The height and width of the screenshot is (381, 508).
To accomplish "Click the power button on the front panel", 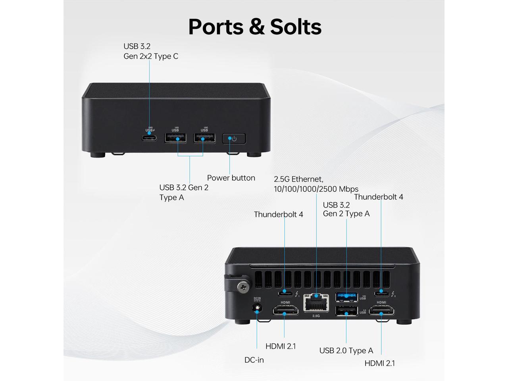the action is pyautogui.click(x=234, y=139).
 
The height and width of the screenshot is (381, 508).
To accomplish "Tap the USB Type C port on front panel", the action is pyautogui.click(x=149, y=138).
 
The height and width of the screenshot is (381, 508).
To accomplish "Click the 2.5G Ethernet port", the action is pyautogui.click(x=316, y=304).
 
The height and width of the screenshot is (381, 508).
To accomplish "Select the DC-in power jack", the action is pyautogui.click(x=258, y=308).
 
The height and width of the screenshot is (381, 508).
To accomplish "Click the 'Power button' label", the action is pyautogui.click(x=231, y=178).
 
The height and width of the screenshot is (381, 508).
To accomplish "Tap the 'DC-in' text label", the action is pyautogui.click(x=254, y=360).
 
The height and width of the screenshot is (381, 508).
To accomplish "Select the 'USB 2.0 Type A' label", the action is pyautogui.click(x=346, y=350).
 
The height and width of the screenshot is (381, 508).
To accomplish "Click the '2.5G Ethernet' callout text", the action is pyautogui.click(x=316, y=184).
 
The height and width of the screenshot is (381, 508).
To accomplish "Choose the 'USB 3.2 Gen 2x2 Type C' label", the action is pyautogui.click(x=150, y=51).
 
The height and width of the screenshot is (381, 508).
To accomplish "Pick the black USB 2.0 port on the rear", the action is pyautogui.click(x=346, y=312).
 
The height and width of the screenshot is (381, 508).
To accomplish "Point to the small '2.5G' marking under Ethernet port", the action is pyautogui.click(x=316, y=316).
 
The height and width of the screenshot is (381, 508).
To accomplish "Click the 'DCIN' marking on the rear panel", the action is pyautogui.click(x=257, y=298).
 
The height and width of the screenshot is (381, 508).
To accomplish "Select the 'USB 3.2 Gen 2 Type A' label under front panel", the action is pyautogui.click(x=184, y=192).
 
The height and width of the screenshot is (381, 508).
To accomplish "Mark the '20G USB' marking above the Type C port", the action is pyautogui.click(x=149, y=129).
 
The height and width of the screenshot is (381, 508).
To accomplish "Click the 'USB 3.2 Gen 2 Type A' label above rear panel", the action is pyautogui.click(x=346, y=209).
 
